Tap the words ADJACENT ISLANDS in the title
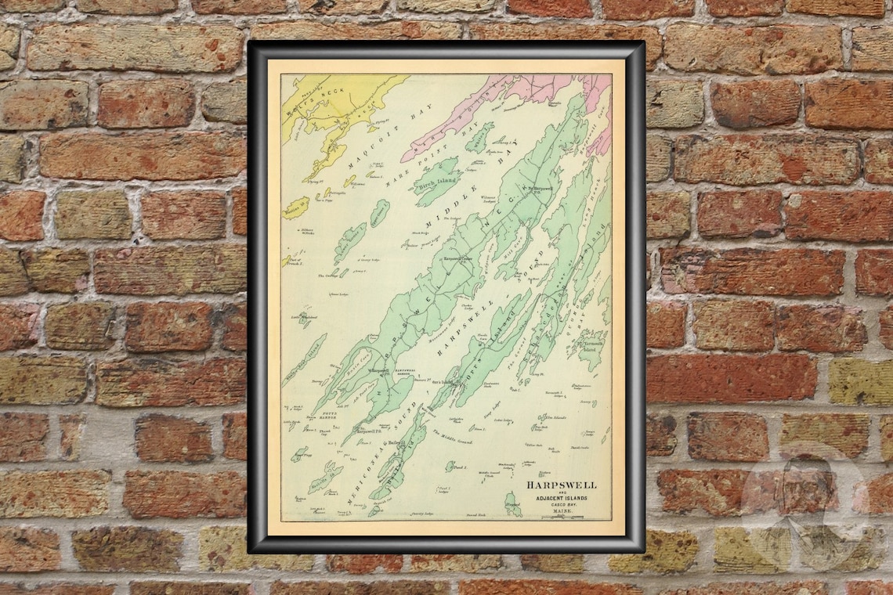(x=557, y=499)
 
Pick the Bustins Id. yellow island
(x=296, y=207)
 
